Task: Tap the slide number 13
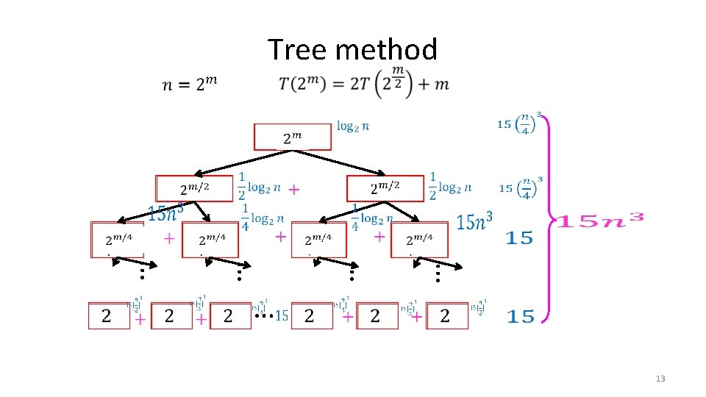click(660, 379)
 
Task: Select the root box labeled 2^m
click(293, 137)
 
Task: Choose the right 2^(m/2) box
click(385, 188)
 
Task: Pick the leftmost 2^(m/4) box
click(118, 239)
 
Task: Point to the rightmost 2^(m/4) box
click(419, 239)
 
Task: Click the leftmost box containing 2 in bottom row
click(107, 315)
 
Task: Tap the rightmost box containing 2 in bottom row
click(446, 315)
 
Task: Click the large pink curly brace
click(549, 218)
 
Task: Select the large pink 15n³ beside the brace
click(599, 220)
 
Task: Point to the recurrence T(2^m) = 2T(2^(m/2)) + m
click(363, 83)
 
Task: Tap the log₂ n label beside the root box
click(353, 126)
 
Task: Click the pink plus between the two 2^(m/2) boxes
click(293, 190)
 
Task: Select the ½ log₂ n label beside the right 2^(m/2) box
click(449, 187)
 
